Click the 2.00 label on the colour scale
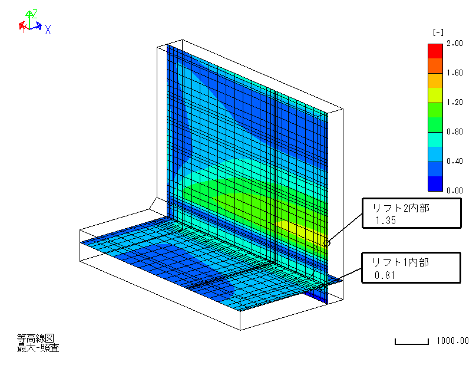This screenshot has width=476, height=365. (x=454, y=44)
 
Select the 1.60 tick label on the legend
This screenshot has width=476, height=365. (x=454, y=73)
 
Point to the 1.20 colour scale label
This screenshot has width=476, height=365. (x=454, y=102)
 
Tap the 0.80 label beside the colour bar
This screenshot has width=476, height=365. (x=454, y=131)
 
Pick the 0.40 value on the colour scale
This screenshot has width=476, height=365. (x=454, y=161)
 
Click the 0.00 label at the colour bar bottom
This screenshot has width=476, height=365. (x=454, y=190)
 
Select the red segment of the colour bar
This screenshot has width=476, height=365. (x=435, y=51)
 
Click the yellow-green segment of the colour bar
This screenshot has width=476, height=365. (x=435, y=96)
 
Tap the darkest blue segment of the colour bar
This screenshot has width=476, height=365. (x=435, y=184)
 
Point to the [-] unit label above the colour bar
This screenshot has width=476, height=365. (x=438, y=32)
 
